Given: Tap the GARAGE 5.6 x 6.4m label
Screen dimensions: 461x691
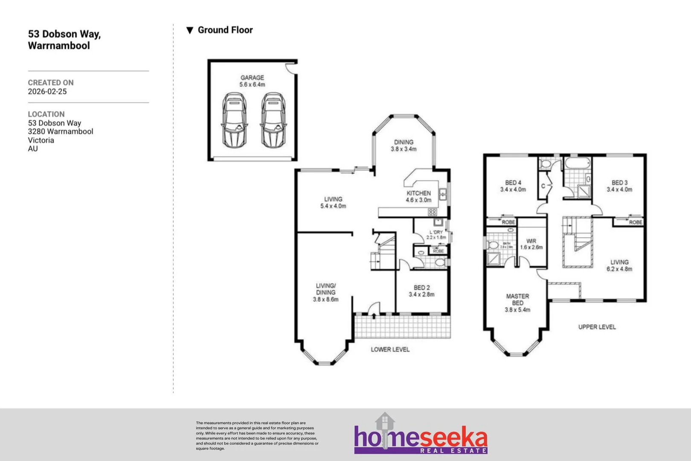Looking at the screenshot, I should [x=252, y=81].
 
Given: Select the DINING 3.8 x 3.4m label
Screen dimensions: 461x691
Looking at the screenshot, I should [x=404, y=146].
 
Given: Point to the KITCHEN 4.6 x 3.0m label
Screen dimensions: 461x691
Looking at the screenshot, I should [x=418, y=196].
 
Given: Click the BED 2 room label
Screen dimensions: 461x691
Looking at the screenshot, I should [x=421, y=291].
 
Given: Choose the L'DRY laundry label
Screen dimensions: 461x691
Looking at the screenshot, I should [x=436, y=234].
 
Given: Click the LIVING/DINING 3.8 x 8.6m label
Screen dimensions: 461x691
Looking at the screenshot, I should [x=325, y=292].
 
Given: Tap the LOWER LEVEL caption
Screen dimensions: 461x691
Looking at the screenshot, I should [x=390, y=349].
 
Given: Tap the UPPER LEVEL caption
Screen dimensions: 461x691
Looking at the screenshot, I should [x=597, y=327].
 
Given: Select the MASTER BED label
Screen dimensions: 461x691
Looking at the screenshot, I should [x=517, y=303].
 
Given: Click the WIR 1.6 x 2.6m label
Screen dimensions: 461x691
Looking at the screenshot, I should [x=531, y=244].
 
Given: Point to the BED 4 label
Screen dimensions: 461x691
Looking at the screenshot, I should [x=513, y=186].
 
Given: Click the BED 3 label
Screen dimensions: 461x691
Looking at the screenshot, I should [x=619, y=186].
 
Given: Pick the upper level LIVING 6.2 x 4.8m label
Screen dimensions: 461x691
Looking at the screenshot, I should [x=619, y=266].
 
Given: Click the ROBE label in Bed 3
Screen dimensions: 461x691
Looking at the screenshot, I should [x=635, y=222].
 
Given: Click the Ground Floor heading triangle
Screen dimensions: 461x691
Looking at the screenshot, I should [x=190, y=30].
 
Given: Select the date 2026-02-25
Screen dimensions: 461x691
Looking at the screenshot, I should [x=47, y=91].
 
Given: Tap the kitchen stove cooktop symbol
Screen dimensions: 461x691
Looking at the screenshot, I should [x=432, y=212].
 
